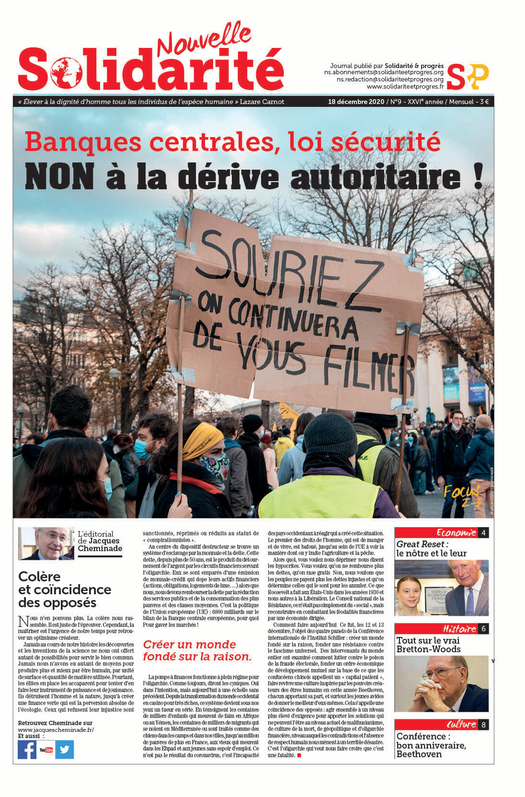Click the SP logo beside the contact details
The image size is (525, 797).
pos(467,77)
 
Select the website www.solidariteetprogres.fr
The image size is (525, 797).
pos(405,87)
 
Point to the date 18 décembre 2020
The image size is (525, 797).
pos(356,102)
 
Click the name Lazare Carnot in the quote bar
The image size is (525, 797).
pos(262,102)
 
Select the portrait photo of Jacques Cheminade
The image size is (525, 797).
pos(46,543)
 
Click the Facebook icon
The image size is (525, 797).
pos(27,750)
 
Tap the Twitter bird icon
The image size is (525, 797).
pos(64,750)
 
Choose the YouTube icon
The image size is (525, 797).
pos(46,750)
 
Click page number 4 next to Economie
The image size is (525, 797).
pos(484,532)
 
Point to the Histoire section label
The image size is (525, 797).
pos(459,629)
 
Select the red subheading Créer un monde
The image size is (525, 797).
pos(190,644)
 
